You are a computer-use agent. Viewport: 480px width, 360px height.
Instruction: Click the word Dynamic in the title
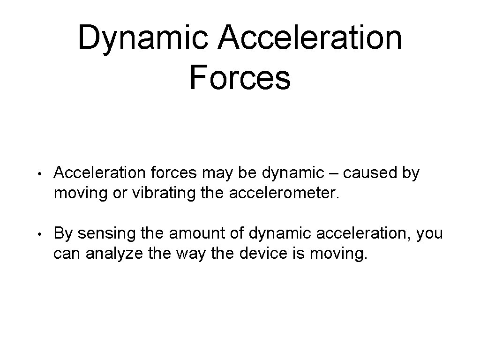pyautogui.click(x=142, y=37)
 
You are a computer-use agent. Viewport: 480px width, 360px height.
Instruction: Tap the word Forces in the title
pyautogui.click(x=240, y=78)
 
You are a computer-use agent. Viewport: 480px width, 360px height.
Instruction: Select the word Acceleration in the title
pyautogui.click(x=310, y=37)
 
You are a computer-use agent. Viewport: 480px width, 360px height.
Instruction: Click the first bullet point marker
pyautogui.click(x=42, y=174)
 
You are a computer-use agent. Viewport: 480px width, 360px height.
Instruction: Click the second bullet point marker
pyautogui.click(x=42, y=233)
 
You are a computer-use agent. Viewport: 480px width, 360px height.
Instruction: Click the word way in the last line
pyautogui.click(x=191, y=255)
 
